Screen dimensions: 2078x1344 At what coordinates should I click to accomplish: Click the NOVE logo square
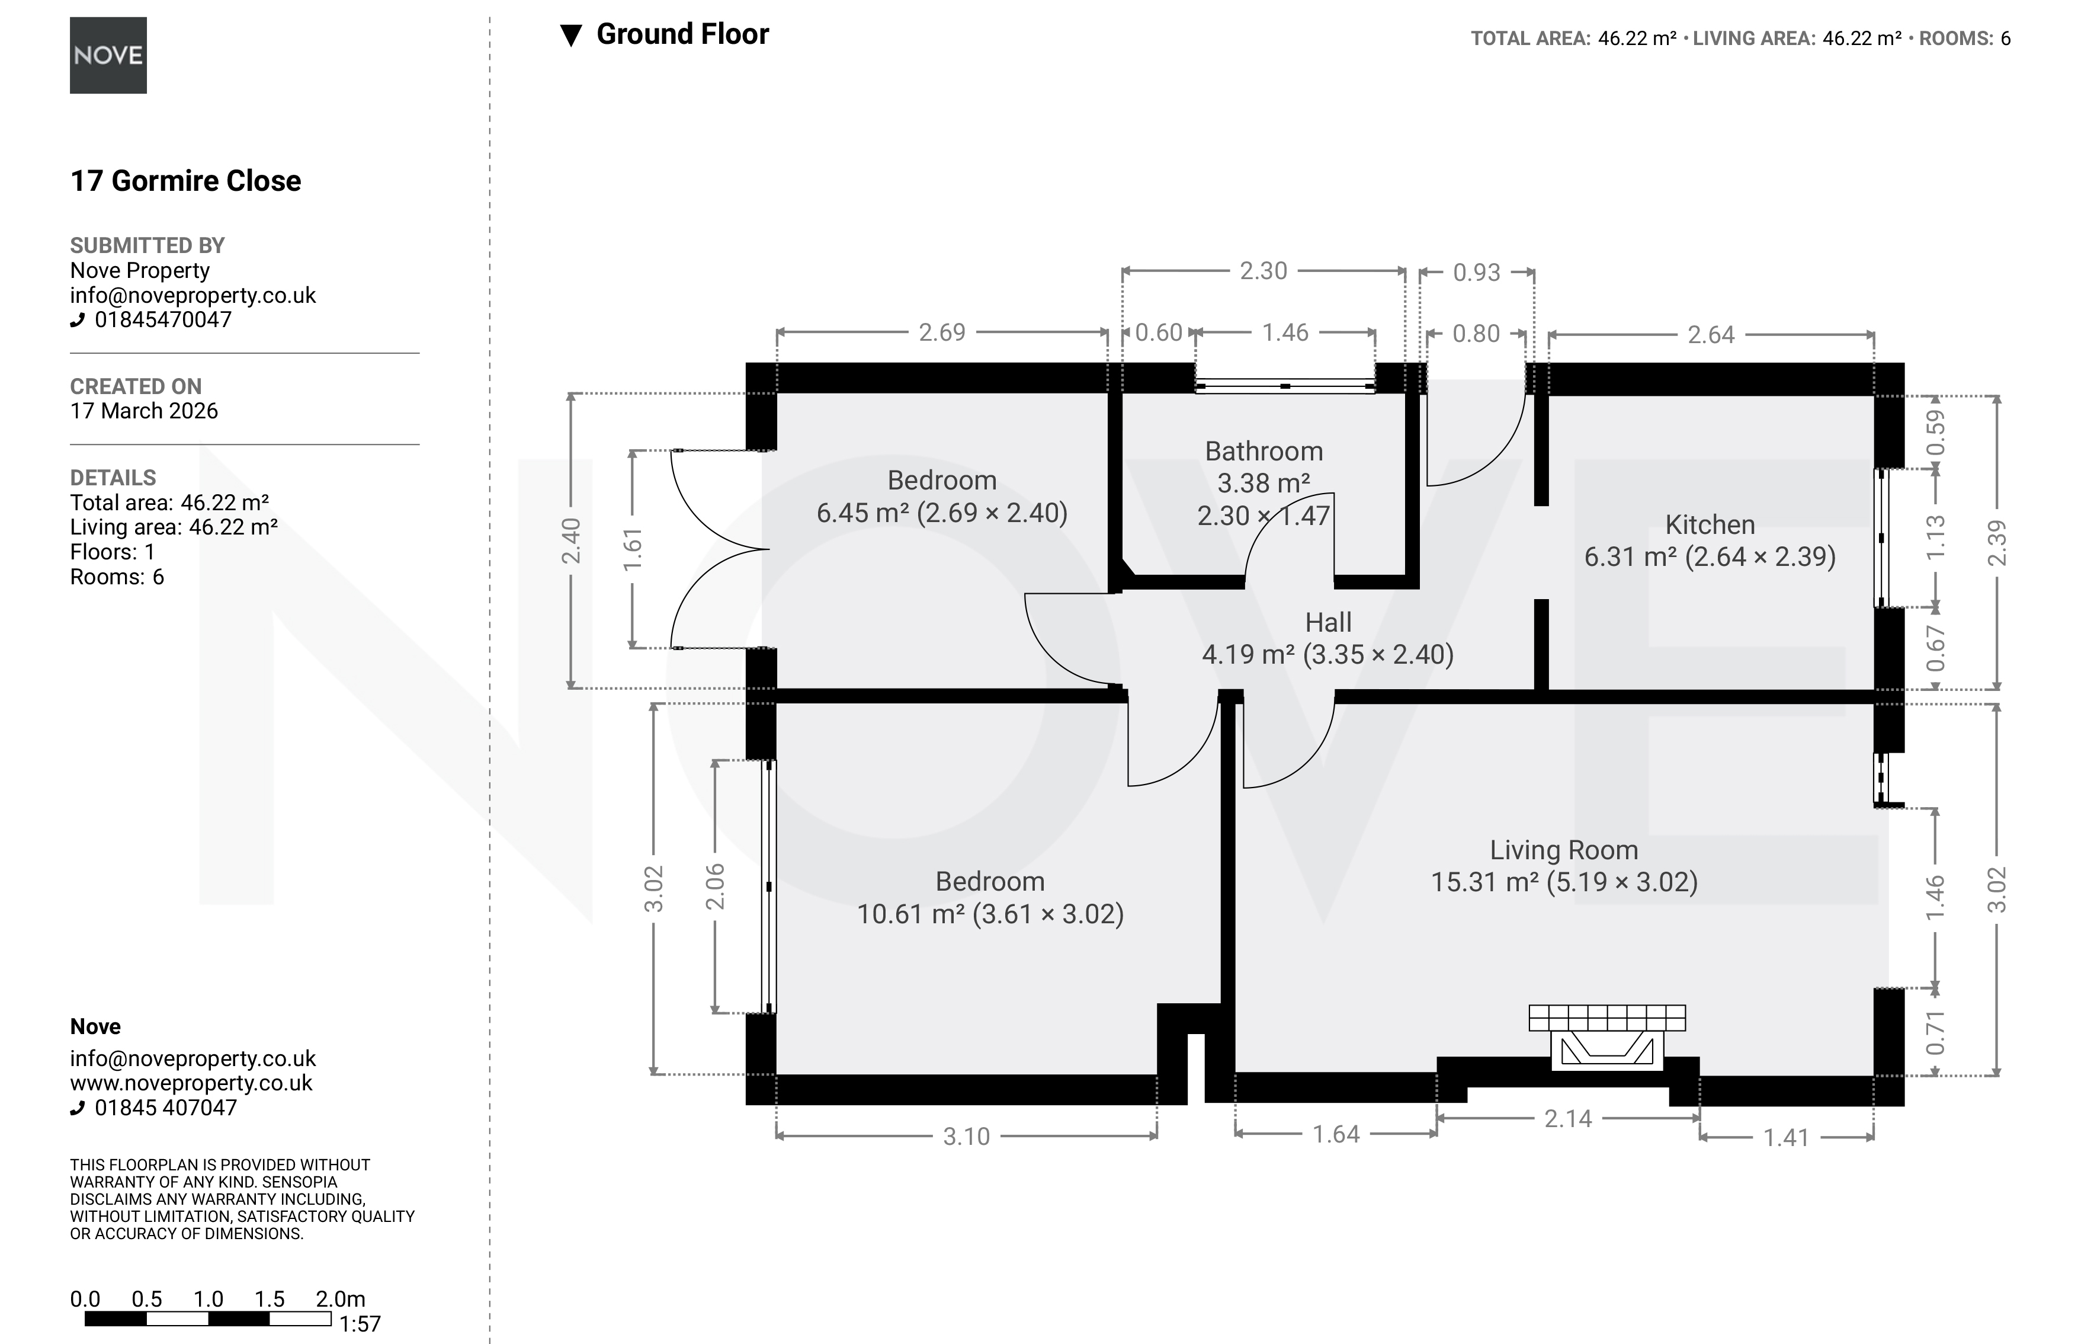(x=108, y=55)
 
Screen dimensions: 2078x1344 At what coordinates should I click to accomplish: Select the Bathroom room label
(x=1264, y=451)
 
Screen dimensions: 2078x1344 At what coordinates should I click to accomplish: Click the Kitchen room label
(x=1710, y=524)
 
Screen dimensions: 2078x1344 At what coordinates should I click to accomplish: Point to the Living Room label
(x=1563, y=850)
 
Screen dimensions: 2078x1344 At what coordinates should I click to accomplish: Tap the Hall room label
(x=1327, y=622)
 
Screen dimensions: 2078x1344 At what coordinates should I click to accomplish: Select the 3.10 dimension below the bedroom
(x=967, y=1136)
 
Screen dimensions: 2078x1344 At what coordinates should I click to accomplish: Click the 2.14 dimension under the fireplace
(x=1567, y=1119)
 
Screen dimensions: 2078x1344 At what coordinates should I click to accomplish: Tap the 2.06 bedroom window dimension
(x=714, y=886)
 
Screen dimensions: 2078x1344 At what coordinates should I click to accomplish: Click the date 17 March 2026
(x=144, y=411)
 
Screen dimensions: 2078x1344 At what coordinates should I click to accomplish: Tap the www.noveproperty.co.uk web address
(x=191, y=1083)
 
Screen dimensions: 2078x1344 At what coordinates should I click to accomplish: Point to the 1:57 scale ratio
(x=360, y=1324)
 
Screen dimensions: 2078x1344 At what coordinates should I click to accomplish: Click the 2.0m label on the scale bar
(x=340, y=1298)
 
